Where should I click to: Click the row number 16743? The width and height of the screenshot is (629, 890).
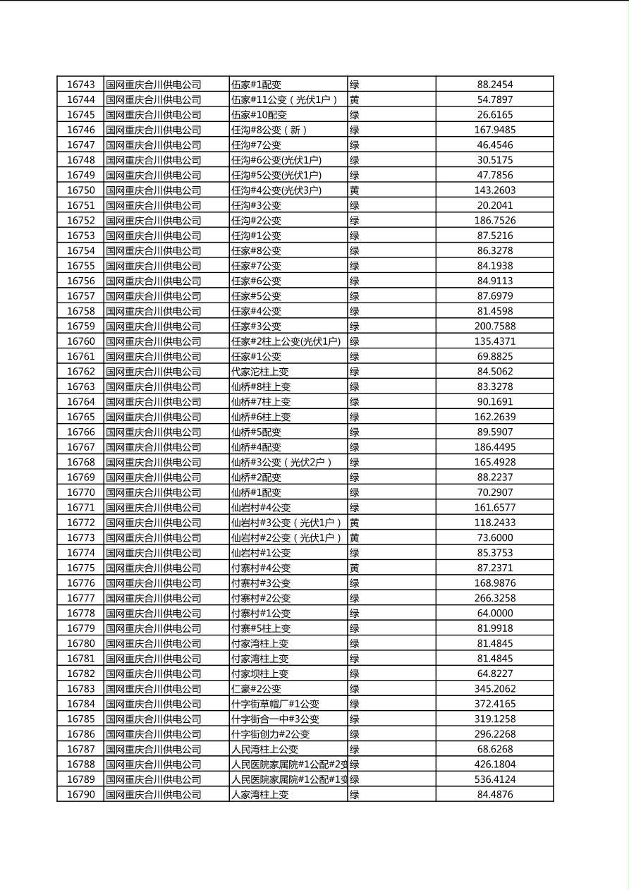(80, 85)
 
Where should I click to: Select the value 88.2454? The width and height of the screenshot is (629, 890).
(494, 85)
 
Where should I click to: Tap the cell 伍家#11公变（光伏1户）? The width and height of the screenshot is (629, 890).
(285, 100)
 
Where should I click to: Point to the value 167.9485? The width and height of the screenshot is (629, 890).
(494, 130)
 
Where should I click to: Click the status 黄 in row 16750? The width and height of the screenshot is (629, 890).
(355, 190)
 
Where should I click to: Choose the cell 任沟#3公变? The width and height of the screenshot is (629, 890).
(256, 205)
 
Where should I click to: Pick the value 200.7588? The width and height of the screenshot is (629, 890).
(494, 326)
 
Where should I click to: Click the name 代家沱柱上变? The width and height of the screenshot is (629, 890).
(260, 372)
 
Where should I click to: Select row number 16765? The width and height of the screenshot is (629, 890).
(80, 417)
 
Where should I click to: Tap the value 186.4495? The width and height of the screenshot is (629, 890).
(494, 447)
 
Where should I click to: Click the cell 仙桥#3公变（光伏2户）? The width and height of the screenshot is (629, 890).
(281, 462)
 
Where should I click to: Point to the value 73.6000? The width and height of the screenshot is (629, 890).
(494, 537)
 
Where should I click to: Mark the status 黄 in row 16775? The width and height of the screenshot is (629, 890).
(355, 568)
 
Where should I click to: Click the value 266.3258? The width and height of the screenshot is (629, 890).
(494, 598)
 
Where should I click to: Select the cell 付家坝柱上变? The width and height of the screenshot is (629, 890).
(260, 673)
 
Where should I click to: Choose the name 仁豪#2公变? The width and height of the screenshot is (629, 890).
(256, 688)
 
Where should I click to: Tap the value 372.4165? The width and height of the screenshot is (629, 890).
(494, 704)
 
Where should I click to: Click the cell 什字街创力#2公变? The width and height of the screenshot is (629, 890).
(271, 734)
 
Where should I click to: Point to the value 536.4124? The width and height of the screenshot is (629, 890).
(494, 779)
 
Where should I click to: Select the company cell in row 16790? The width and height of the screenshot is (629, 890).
(154, 795)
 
